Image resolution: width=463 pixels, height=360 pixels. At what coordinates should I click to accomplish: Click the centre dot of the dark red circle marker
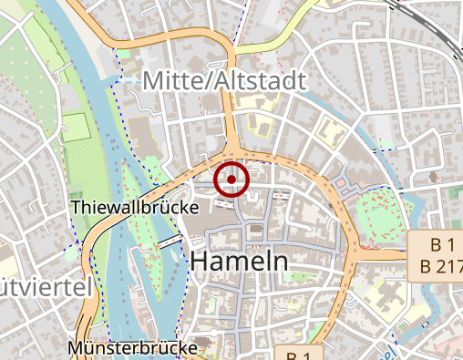[x=231, y=180]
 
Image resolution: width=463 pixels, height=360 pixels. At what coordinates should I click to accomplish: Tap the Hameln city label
[x=239, y=262]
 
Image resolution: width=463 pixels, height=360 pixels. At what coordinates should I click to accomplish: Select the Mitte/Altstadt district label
[x=224, y=81]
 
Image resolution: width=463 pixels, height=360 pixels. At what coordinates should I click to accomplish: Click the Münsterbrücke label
[x=132, y=348]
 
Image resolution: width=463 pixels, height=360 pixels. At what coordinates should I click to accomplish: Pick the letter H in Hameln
[x=200, y=262]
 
